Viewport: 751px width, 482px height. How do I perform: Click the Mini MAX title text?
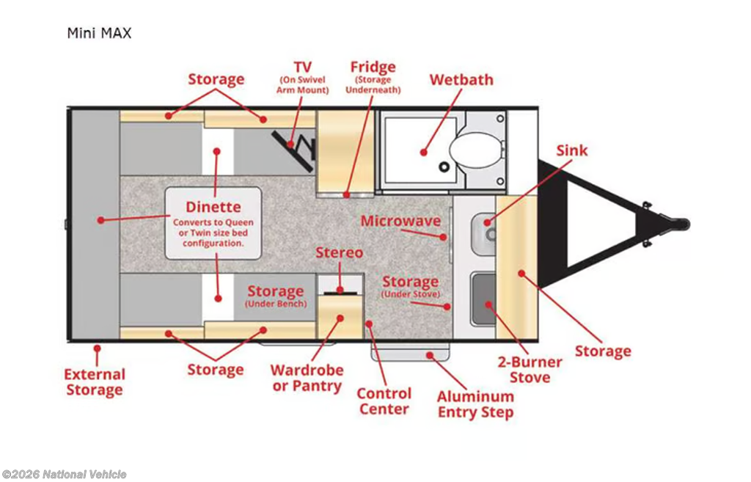click(99, 33)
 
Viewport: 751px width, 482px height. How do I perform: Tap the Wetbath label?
click(461, 79)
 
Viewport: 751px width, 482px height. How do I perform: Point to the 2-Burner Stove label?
click(530, 370)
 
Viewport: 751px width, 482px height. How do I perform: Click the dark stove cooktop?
click(483, 299)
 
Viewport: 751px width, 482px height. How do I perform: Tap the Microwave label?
click(400, 222)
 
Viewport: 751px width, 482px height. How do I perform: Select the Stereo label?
click(339, 252)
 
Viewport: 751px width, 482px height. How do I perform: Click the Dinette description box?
click(213, 223)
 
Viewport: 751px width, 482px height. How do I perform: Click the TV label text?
click(302, 67)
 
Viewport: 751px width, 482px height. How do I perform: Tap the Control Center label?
click(384, 401)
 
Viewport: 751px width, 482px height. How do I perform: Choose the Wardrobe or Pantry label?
click(307, 378)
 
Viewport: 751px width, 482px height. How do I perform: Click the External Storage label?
click(95, 381)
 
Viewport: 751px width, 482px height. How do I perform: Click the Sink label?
click(571, 150)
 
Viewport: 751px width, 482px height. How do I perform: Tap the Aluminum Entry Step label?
click(475, 404)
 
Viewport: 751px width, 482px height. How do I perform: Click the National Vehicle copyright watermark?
click(64, 475)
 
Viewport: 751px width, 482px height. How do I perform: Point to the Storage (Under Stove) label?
click(410, 285)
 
